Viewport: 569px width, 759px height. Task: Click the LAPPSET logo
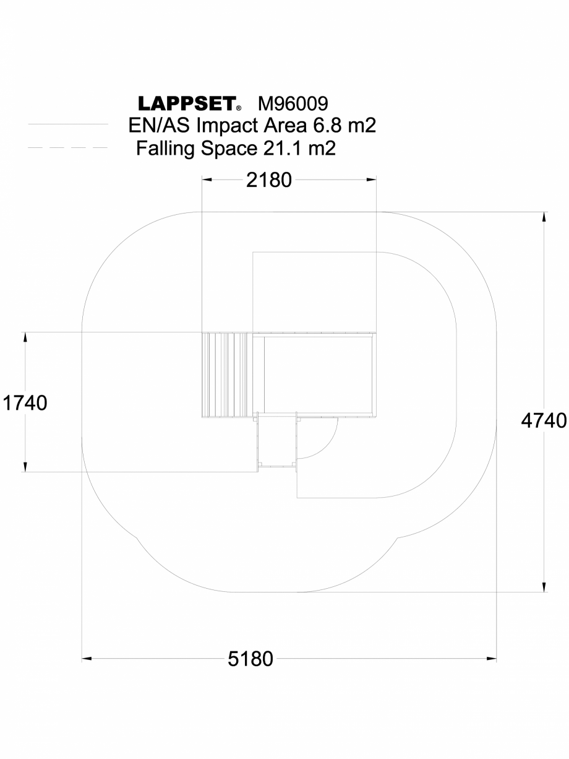[x=185, y=103]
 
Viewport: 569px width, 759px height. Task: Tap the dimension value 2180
[x=268, y=180]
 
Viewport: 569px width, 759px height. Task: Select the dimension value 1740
[x=25, y=403]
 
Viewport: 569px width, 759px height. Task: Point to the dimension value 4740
[x=544, y=421]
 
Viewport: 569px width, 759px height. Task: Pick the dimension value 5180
[x=250, y=659]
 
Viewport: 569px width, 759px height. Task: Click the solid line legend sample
[x=68, y=124]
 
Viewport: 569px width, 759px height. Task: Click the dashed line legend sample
[x=68, y=148]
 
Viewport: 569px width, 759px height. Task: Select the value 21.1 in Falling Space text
[x=276, y=149]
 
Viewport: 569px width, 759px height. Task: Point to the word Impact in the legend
[x=225, y=126]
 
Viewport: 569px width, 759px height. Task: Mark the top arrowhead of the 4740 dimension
[x=544, y=217]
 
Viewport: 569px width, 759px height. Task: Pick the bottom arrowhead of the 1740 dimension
[x=25, y=467]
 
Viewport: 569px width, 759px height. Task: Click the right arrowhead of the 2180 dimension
[x=372, y=180]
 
